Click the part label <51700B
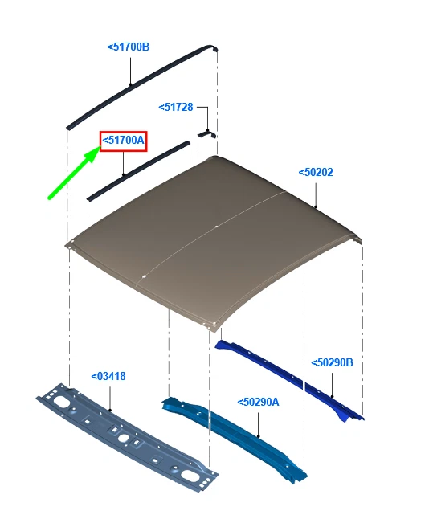click(129, 47)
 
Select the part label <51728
click(176, 107)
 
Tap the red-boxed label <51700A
click(123, 141)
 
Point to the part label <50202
click(316, 172)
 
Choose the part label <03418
click(108, 376)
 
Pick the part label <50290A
click(259, 403)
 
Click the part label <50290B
click(332, 362)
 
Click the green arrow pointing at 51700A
click(74, 173)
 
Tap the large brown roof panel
click(214, 241)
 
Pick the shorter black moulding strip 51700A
click(138, 171)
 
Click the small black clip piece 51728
click(206, 134)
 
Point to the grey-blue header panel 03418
click(127, 437)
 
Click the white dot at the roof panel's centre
click(217, 227)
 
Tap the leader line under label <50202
click(316, 195)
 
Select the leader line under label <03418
click(110, 399)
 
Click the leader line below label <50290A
click(259, 425)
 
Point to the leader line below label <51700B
click(131, 72)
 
